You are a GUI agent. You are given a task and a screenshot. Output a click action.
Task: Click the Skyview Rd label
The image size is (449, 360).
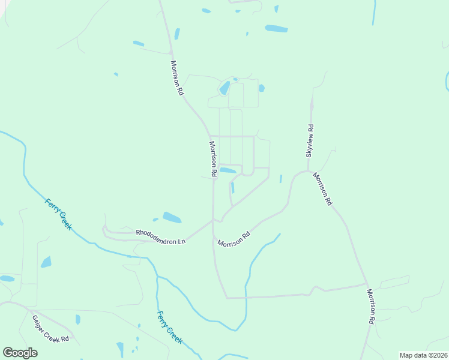click(310, 141)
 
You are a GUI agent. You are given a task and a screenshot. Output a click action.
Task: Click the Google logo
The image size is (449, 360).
click(20, 353)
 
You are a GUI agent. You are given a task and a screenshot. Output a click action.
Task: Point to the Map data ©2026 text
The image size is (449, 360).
click(423, 355)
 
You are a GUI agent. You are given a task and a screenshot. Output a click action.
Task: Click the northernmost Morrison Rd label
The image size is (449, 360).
click(176, 78)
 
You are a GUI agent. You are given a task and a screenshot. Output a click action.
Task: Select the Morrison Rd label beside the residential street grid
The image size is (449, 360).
click(212, 158)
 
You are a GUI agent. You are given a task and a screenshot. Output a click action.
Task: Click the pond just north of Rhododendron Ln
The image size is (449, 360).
click(172, 217)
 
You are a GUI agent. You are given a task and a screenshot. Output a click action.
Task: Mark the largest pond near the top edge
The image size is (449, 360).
click(276, 28)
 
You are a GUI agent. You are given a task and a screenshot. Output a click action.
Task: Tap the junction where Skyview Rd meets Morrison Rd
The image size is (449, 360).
click(309, 171)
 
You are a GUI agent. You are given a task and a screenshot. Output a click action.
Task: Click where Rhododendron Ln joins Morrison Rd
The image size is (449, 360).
click(212, 220)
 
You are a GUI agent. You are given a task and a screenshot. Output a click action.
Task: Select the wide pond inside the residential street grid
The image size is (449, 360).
click(228, 170)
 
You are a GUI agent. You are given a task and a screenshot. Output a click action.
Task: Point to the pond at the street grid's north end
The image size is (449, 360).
click(224, 89)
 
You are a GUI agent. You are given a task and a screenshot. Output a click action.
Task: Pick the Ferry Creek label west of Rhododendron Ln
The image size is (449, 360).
click(58, 214)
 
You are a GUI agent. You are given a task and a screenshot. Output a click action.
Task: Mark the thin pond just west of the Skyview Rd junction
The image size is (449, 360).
click(280, 179)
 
